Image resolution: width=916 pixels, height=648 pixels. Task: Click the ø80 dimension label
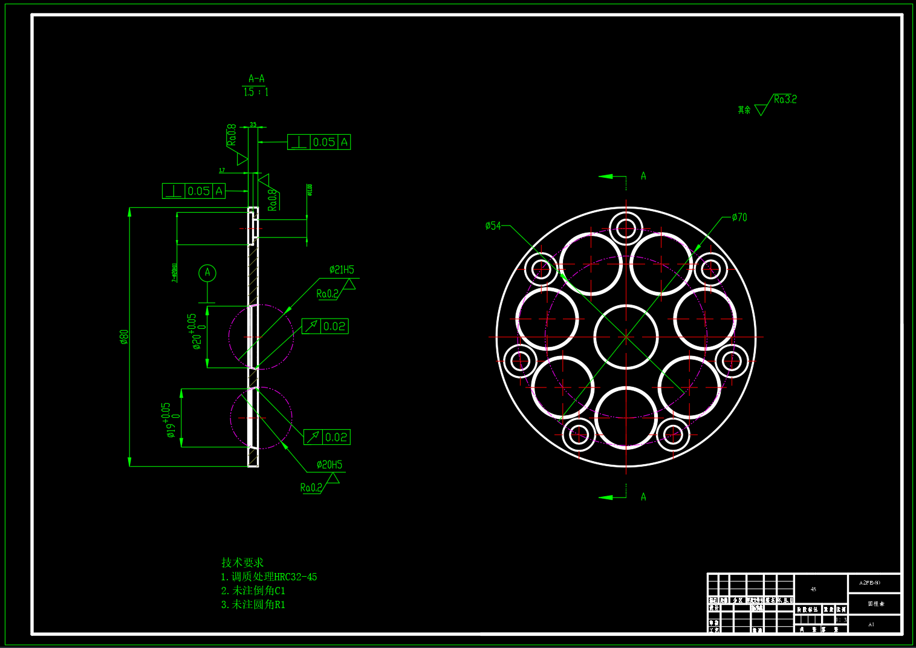[125, 337]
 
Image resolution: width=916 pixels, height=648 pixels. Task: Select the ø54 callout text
[493, 225]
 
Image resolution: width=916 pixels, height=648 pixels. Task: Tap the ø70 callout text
[739, 217]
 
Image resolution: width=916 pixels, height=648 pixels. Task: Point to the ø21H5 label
[342, 270]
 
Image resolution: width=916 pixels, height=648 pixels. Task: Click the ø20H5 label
[330, 464]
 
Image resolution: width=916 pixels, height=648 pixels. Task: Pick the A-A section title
[256, 79]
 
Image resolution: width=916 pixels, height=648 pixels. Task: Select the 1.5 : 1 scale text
[256, 92]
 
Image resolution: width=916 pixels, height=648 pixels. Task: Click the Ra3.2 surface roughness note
[785, 99]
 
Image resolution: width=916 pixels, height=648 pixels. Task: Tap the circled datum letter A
[207, 273]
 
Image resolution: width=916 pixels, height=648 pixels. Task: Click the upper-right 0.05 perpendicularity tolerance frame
[319, 142]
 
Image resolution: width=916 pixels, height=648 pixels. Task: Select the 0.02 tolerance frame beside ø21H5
[325, 326]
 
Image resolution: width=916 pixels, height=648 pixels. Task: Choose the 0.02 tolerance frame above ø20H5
[327, 437]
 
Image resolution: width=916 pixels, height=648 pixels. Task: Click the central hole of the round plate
[626, 337]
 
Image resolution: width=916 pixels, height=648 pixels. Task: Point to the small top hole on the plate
[626, 228]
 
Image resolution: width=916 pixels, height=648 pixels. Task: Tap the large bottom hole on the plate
[626, 418]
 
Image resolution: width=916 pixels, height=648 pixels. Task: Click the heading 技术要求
[242, 562]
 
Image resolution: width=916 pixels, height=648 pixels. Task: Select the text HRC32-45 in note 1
[296, 577]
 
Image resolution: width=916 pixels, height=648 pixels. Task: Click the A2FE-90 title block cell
[869, 583]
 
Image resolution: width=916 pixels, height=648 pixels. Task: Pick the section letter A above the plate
[643, 176]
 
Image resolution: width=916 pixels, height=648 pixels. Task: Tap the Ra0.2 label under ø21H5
[327, 294]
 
